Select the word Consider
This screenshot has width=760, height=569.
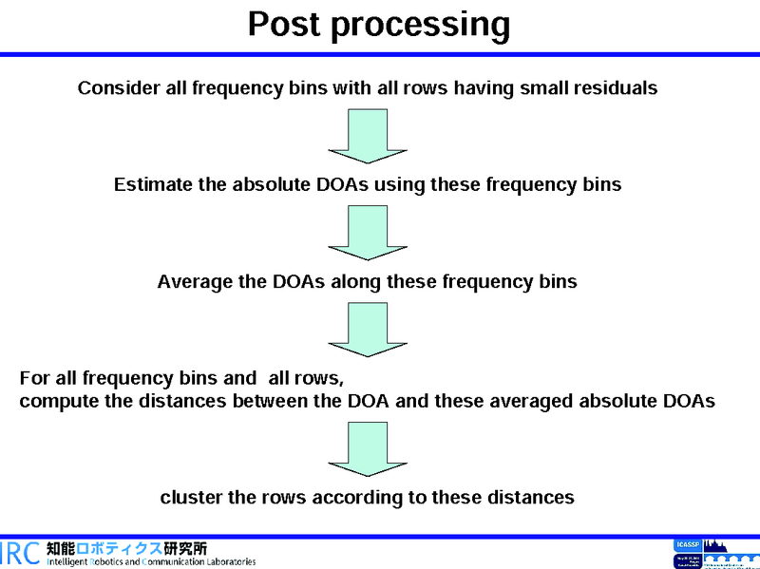(x=118, y=88)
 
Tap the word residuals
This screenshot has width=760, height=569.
(x=615, y=88)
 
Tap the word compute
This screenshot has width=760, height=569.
(x=59, y=401)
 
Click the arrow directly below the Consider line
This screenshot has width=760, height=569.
(x=368, y=135)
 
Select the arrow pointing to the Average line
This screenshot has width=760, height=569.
(x=368, y=232)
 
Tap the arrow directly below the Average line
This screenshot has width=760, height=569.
(x=368, y=329)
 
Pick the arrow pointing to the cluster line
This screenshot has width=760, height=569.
(x=368, y=447)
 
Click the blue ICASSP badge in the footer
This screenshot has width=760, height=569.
(x=685, y=545)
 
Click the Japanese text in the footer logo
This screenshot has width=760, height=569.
(x=126, y=548)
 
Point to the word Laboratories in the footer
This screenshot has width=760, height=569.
(x=225, y=561)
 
